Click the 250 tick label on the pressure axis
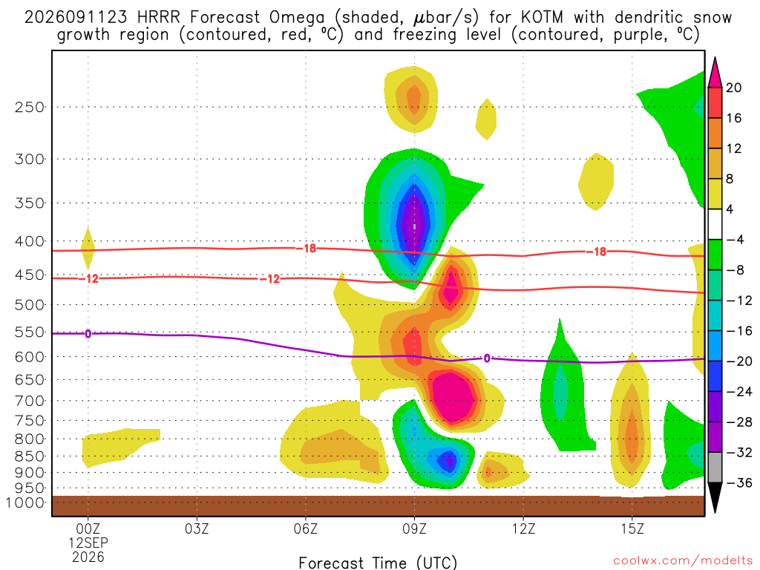pos(30,107)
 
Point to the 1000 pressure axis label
pos(24,502)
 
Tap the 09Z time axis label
pos(414,528)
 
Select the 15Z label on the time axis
pos(632,528)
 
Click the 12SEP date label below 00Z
pos(88,543)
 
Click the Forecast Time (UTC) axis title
pos(378,563)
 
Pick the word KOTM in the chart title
pos(542,18)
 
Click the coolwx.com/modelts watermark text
pos(683,561)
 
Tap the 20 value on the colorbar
pos(733,88)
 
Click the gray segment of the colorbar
pos(715,468)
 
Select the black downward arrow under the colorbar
pos(715,497)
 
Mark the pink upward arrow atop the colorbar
pos(715,73)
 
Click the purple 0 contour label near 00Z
pos(88,334)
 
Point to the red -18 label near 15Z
pos(600,252)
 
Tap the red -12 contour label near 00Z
pos(91,279)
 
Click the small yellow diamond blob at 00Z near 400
pos(88,248)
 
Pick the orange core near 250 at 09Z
pos(413,99)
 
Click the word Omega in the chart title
pos(297,18)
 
